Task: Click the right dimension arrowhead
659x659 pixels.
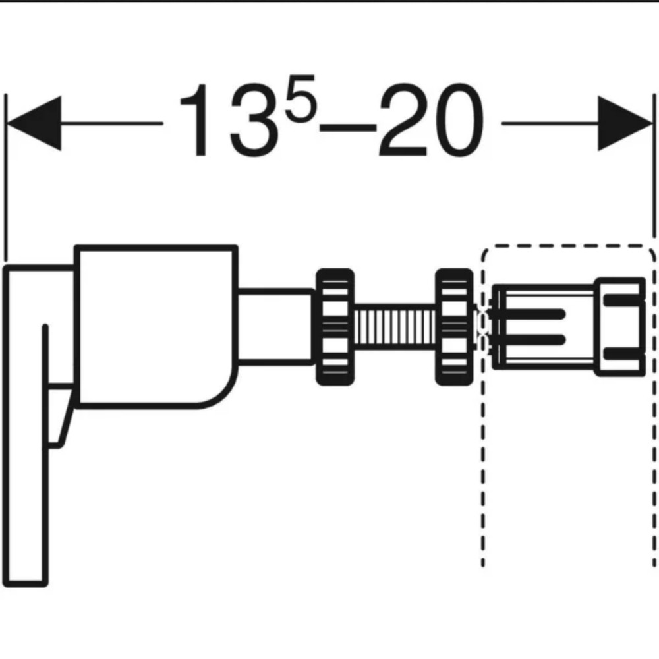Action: click(625, 123)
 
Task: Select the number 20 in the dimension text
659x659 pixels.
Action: click(432, 120)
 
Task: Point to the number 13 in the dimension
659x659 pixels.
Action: click(229, 120)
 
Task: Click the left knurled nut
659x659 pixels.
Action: click(335, 327)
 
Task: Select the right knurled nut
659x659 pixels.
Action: click(454, 327)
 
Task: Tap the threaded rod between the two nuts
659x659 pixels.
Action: click(395, 327)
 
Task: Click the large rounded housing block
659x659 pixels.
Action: click(156, 326)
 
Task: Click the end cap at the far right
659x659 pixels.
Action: click(620, 327)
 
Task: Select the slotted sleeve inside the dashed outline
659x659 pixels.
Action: click(544, 327)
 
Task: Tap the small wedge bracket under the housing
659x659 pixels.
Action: click(61, 415)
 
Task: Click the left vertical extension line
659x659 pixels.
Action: click(5, 177)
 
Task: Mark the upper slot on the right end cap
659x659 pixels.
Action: click(623, 300)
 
